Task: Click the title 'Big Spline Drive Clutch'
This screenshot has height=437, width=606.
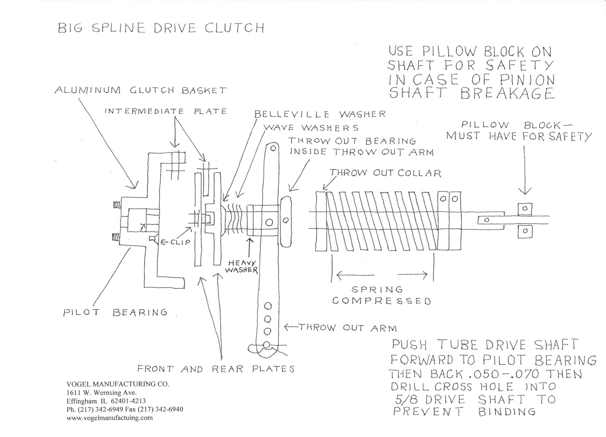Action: [x=161, y=28]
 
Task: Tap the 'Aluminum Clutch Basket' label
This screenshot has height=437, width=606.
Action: [x=141, y=90]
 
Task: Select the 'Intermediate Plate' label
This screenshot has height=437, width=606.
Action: [x=165, y=111]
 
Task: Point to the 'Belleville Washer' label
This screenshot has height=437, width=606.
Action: [x=320, y=114]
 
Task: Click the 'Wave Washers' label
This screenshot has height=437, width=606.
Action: [x=311, y=128]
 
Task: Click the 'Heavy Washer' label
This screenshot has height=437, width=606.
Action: [x=241, y=267]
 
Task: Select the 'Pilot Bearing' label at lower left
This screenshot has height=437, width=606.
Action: [x=115, y=312]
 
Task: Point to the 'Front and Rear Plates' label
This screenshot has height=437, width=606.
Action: [x=216, y=369]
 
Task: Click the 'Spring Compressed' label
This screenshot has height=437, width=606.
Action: [x=381, y=295]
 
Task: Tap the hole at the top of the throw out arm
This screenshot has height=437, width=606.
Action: [x=272, y=148]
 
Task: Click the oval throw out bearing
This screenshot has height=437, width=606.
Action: [x=286, y=220]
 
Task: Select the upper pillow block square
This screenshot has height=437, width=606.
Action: [x=524, y=209]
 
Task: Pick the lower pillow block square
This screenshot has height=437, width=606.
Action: [x=524, y=231]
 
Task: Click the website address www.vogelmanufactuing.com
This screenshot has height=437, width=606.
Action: [x=110, y=418]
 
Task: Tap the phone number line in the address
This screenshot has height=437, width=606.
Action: [x=125, y=409]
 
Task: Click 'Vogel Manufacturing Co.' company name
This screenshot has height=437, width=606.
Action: [x=118, y=384]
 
